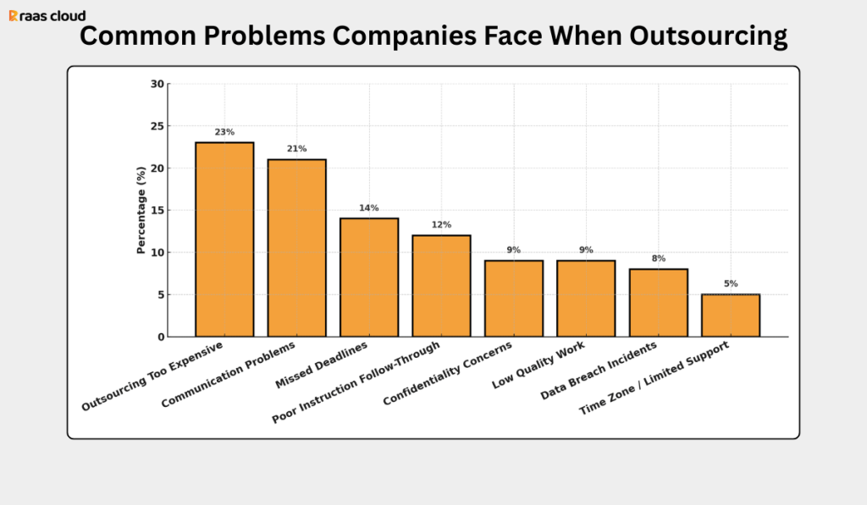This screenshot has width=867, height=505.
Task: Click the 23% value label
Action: point(224,132)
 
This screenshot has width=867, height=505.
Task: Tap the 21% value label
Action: point(296,149)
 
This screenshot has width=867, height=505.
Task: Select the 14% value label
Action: point(369,208)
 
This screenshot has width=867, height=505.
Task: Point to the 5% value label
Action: point(731,283)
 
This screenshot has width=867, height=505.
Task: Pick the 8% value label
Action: point(658,258)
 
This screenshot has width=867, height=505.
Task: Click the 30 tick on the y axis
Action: point(157,84)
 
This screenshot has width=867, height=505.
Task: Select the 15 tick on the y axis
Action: point(157,211)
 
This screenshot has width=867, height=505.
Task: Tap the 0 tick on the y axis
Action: point(161,337)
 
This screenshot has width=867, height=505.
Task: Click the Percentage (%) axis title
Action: point(141,211)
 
